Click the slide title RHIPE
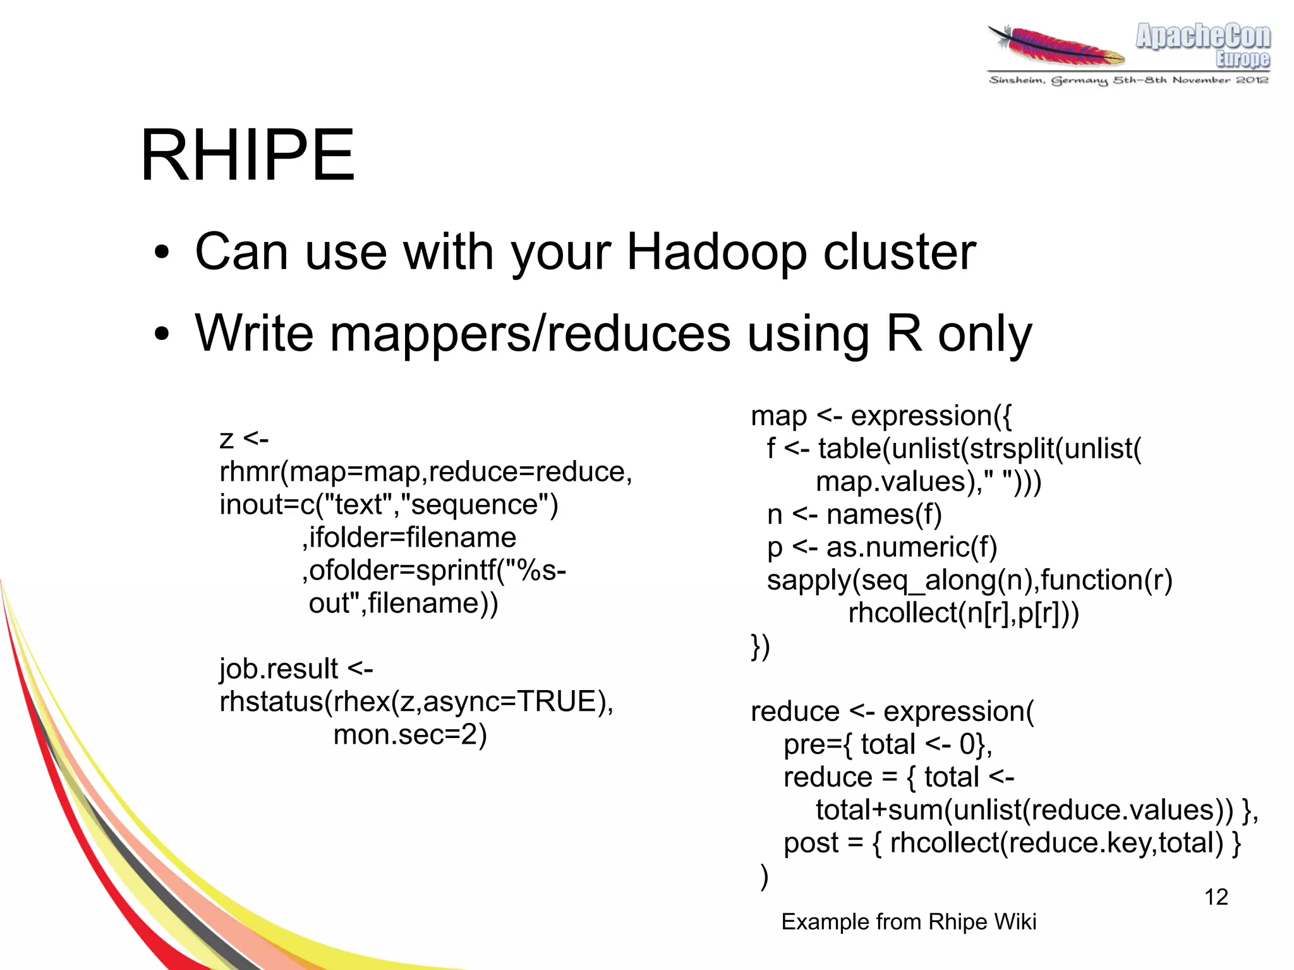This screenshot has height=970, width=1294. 248,155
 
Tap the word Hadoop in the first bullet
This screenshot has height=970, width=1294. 717,253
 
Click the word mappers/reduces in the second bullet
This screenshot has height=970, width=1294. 529,334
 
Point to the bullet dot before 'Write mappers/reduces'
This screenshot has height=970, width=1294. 162,334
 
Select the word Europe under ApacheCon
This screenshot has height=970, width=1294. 1242,59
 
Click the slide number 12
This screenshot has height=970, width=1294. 1216,897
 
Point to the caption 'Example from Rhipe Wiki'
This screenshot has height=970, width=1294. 909,922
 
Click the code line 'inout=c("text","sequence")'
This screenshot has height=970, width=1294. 389,505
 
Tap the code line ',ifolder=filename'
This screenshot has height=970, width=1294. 409,538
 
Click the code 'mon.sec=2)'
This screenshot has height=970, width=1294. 410,735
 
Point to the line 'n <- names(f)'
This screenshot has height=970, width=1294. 854,515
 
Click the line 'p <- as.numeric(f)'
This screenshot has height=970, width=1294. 882,548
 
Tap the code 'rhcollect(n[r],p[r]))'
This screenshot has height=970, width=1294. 964,613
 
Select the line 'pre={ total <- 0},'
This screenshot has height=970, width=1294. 888,744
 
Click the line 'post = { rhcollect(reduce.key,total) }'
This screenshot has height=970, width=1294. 1012,843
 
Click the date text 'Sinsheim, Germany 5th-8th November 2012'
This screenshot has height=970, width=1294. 1128,80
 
